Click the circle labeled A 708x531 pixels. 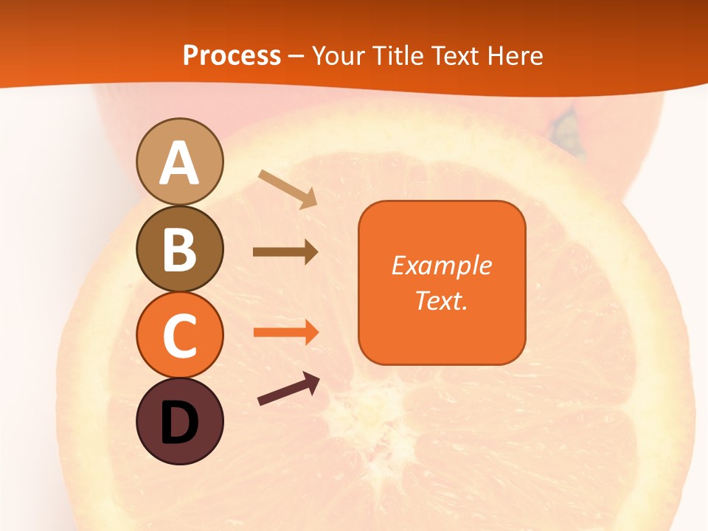(179, 162)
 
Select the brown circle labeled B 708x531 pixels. (179, 249)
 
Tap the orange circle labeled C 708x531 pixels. (179, 335)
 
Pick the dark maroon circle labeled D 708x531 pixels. (179, 421)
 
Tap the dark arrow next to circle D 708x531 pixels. (288, 389)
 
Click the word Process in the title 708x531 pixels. (232, 55)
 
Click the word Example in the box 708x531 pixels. (441, 265)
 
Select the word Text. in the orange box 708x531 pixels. (441, 300)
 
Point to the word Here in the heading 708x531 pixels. (514, 55)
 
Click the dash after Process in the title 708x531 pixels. (296, 57)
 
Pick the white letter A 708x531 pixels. (179, 163)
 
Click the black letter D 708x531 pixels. (179, 423)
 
